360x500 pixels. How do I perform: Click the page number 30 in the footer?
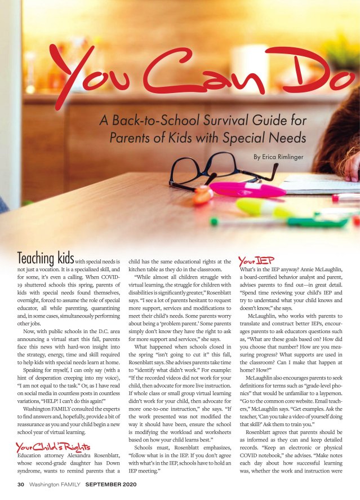pyautogui.click(x=21, y=484)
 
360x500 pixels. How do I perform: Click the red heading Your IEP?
pyautogui.click(x=256, y=260)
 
